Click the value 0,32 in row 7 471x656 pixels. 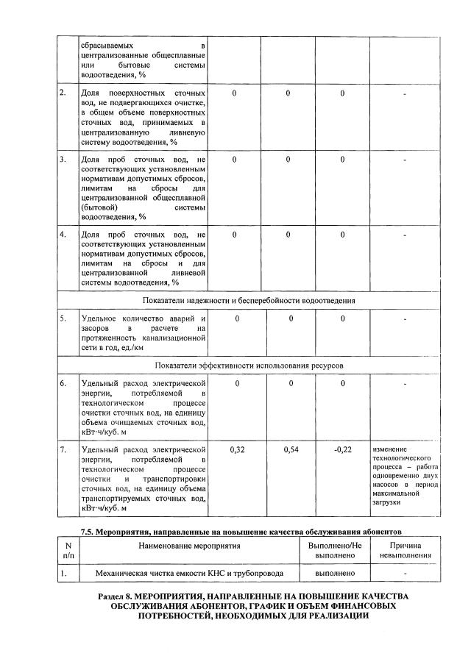click(x=237, y=449)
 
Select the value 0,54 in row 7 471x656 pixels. click(x=291, y=449)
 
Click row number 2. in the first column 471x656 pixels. click(x=63, y=93)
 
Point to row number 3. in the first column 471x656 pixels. click(x=63, y=160)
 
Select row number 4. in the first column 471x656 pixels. click(x=63, y=235)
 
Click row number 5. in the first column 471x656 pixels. click(x=63, y=318)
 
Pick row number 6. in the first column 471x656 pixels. click(x=63, y=383)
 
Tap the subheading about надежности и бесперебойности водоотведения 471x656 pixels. click(x=249, y=300)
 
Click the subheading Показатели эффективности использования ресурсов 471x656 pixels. click(x=249, y=365)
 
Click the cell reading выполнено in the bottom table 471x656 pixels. click(x=335, y=573)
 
